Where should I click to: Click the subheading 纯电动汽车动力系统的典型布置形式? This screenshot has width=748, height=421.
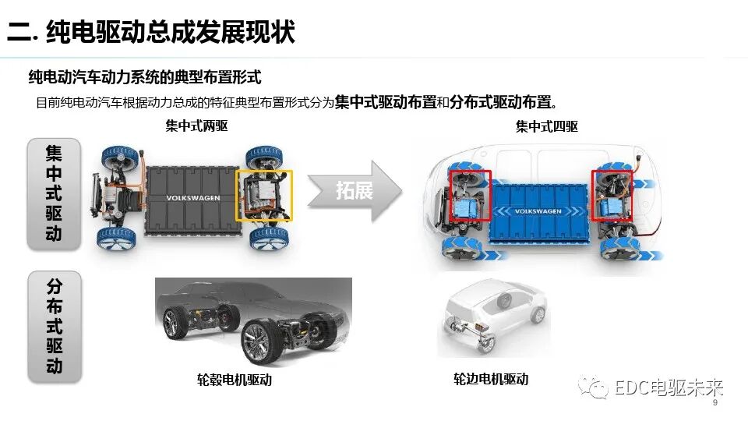[144, 77]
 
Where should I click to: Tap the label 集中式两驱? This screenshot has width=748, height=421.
[196, 126]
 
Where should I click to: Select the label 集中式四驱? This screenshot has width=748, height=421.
[546, 126]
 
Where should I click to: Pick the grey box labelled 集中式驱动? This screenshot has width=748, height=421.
[54, 193]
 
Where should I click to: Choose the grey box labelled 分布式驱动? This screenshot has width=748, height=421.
[54, 326]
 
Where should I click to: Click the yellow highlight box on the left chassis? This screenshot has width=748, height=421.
[265, 195]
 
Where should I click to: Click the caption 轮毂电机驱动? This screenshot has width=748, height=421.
[235, 380]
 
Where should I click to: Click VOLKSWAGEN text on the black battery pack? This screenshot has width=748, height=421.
[193, 198]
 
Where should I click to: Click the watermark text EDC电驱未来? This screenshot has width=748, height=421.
[669, 387]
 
